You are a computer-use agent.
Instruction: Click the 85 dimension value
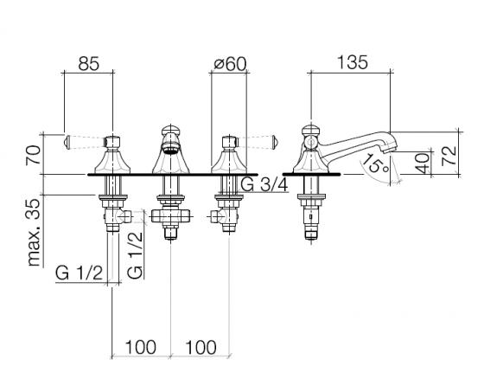point(88,64)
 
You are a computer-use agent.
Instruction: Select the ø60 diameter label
point(230,64)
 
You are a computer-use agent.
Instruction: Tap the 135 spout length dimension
point(353,62)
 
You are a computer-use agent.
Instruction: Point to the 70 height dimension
point(34,156)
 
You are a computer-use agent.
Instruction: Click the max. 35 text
point(34,233)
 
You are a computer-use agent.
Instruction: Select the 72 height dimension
point(449,156)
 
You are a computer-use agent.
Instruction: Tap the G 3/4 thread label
point(264,185)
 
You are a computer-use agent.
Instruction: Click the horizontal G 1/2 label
point(79,273)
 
